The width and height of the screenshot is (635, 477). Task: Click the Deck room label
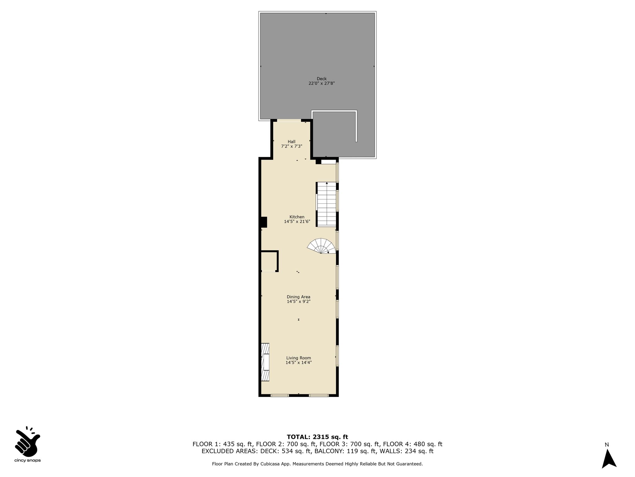pyautogui.click(x=322, y=79)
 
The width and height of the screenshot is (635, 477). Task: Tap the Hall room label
pyautogui.click(x=291, y=142)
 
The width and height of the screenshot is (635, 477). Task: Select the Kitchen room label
pyautogui.click(x=297, y=217)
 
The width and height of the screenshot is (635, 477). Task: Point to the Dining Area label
pyautogui.click(x=299, y=297)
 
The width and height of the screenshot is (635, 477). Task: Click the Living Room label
pyautogui.click(x=299, y=358)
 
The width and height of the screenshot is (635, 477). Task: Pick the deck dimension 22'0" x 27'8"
pyautogui.click(x=322, y=83)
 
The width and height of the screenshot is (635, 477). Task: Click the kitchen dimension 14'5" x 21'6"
pyautogui.click(x=297, y=222)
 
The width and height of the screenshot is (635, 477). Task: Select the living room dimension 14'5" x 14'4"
pyautogui.click(x=299, y=362)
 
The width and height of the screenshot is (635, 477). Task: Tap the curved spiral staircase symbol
pyautogui.click(x=322, y=246)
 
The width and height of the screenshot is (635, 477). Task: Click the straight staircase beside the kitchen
pyautogui.click(x=326, y=204)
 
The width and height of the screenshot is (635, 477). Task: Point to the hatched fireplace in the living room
pyautogui.click(x=265, y=362)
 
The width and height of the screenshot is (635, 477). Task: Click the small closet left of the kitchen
pyautogui.click(x=269, y=261)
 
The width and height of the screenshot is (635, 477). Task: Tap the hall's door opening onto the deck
pyautogui.click(x=289, y=120)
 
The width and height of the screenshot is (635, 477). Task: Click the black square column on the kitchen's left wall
pyautogui.click(x=264, y=222)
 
